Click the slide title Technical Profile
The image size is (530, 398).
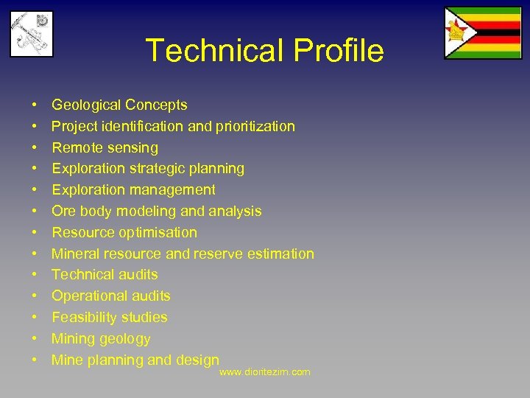pos(264,51)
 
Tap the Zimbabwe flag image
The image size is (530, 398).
pos(482,32)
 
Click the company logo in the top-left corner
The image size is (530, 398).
pos(32,34)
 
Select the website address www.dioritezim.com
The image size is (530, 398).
pos(265,372)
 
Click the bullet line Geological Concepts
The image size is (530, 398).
pos(119,105)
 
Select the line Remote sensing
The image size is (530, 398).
pos(105,148)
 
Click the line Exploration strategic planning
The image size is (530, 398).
pos(147,169)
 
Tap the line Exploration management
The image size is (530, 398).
pos(133,190)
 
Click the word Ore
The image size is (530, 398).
pos(63,212)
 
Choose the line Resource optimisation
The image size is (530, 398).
pos(124,233)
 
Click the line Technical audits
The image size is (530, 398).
pos(105,275)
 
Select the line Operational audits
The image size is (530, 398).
pos(110,296)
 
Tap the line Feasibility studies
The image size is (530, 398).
pos(109,318)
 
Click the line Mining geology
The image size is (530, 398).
pos(101,339)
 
